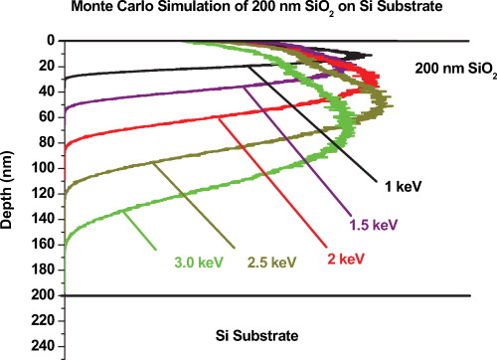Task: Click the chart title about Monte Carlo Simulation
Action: [248, 10]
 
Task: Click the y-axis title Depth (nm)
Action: [10, 169]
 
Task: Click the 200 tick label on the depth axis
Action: [42, 295]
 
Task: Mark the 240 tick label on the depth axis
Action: [42, 346]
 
